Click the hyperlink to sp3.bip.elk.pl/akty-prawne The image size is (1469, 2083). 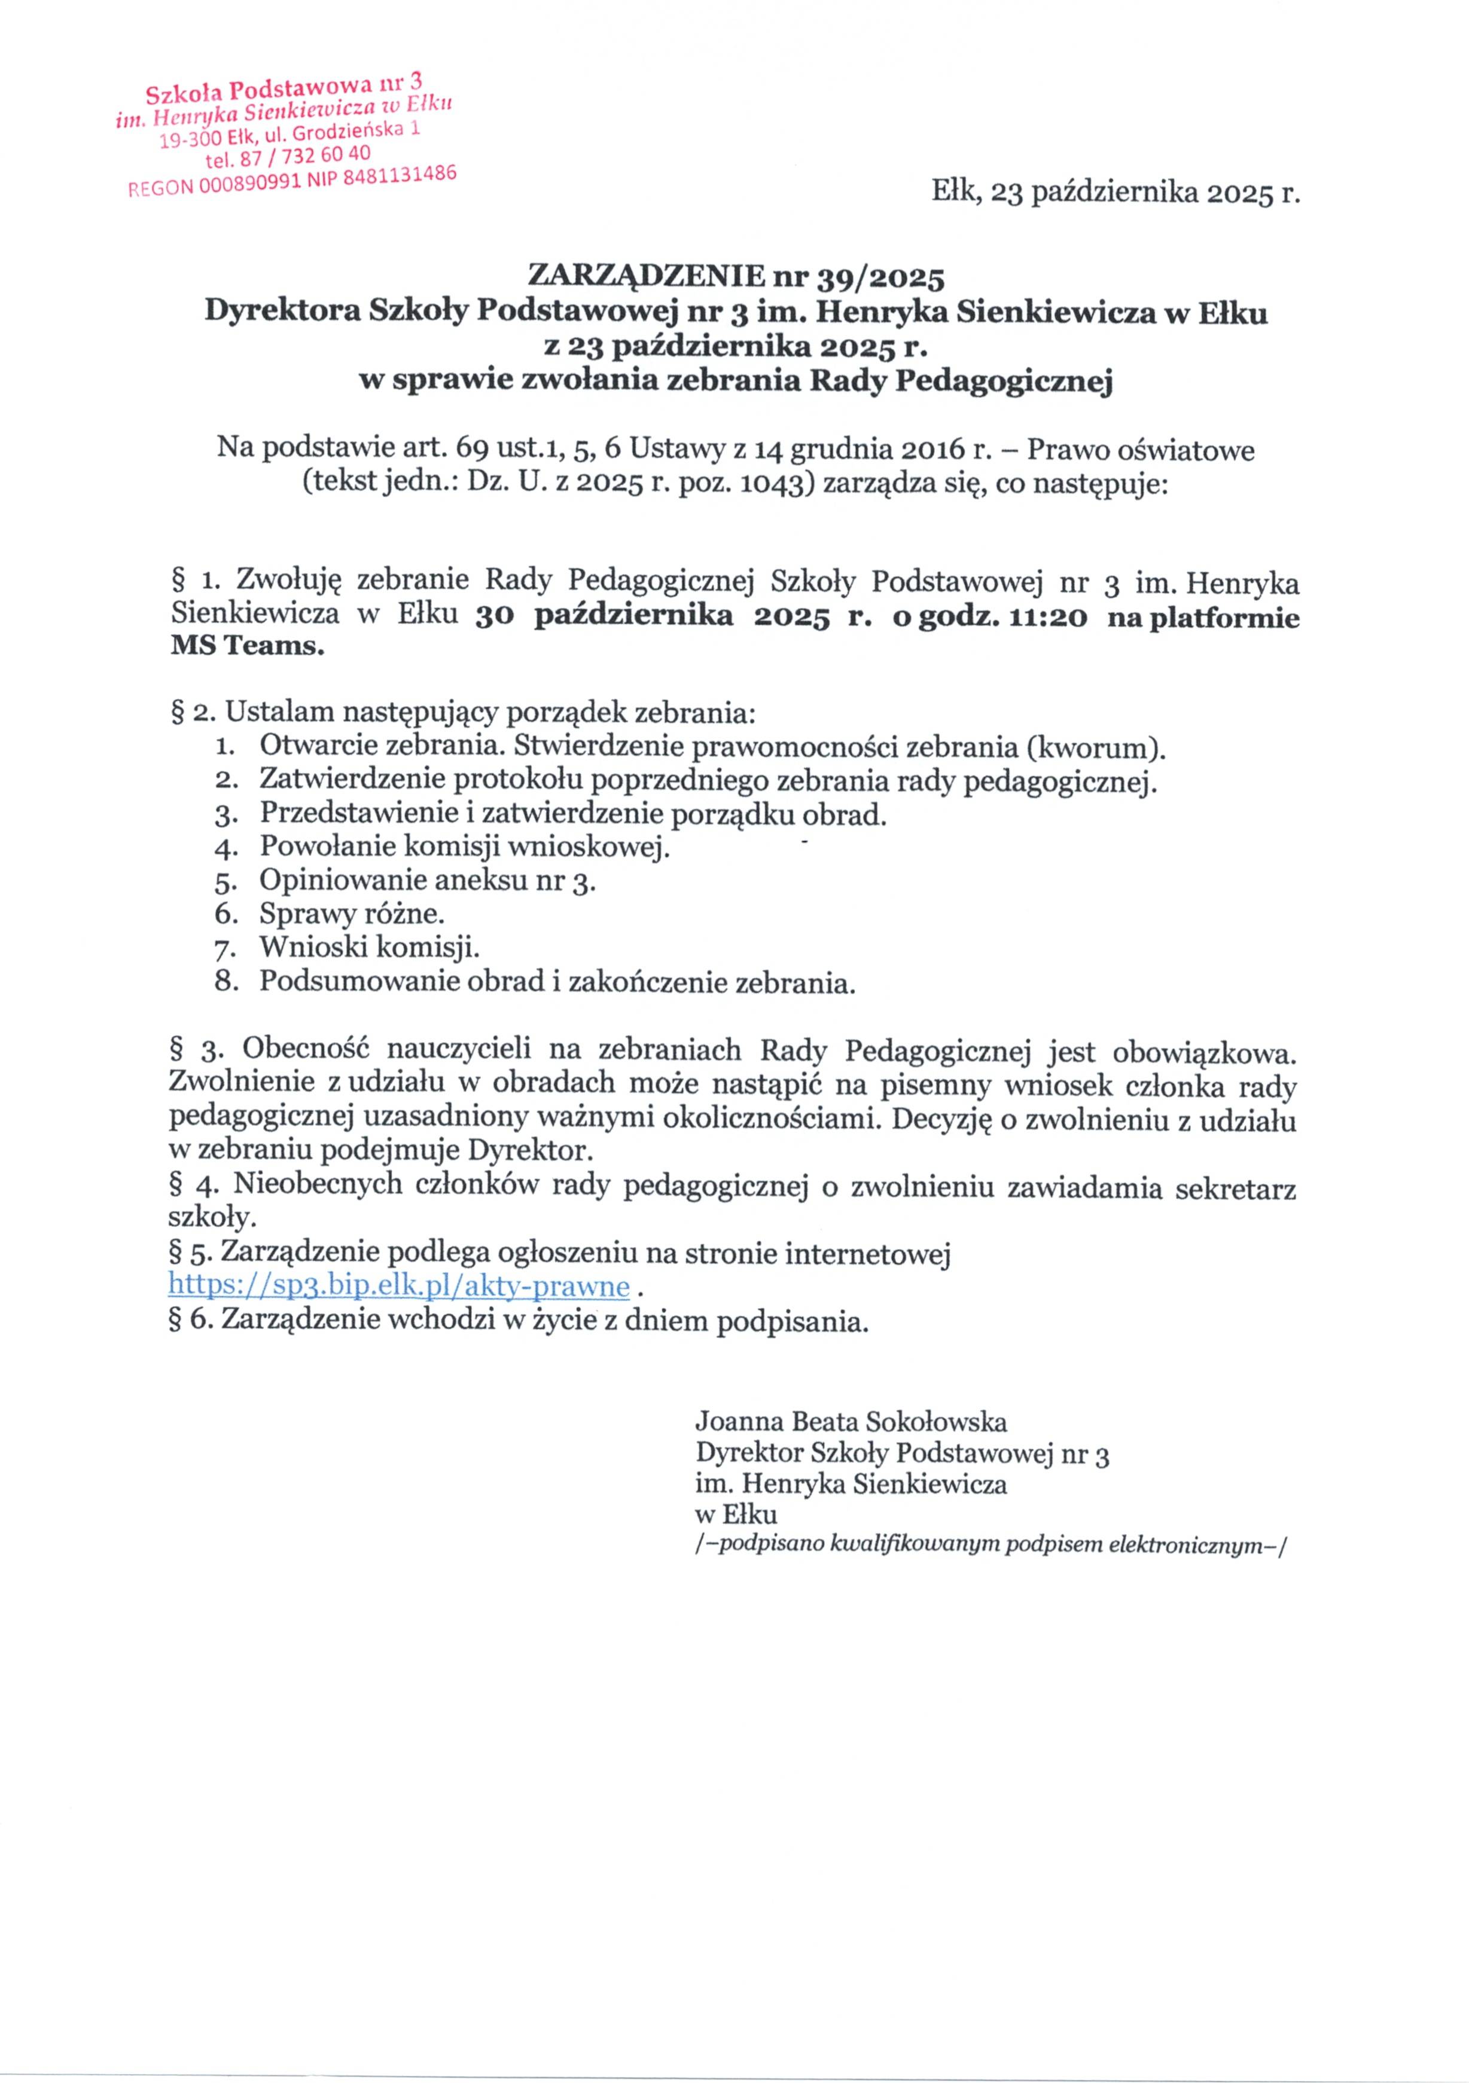click(x=398, y=1287)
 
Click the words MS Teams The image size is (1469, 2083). click(x=246, y=647)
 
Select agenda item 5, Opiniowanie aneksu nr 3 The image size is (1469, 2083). click(x=426, y=880)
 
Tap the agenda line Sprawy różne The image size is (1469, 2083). click(x=351, y=914)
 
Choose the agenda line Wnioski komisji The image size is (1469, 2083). click(x=368, y=947)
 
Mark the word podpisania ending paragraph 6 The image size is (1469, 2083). click(x=792, y=1321)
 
